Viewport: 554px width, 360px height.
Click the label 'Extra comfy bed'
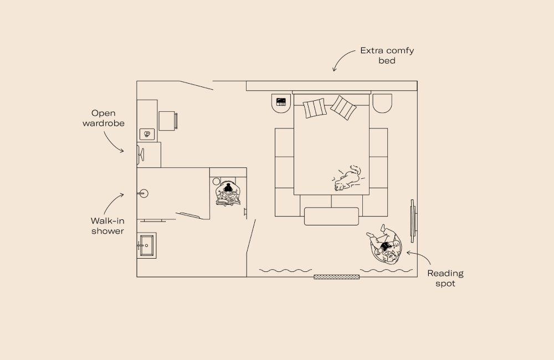tap(387, 55)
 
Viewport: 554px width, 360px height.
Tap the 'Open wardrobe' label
tap(104, 118)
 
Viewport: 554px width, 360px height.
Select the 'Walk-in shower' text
tap(107, 225)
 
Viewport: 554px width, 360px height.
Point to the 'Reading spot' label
tap(445, 278)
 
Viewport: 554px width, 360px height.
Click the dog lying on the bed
tap(347, 178)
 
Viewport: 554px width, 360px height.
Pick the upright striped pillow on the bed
tap(314, 108)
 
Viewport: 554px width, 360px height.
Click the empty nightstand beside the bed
tap(382, 102)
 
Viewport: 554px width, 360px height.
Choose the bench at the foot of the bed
tap(331, 216)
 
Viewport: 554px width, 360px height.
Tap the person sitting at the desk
tap(228, 194)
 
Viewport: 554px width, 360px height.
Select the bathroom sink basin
tap(147, 245)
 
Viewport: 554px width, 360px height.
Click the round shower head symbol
tap(145, 193)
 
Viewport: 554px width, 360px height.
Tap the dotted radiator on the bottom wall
tap(336, 276)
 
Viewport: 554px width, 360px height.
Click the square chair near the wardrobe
tap(168, 121)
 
